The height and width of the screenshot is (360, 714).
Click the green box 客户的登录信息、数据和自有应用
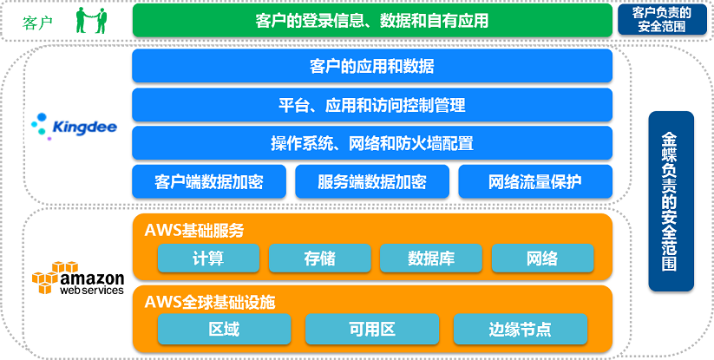372,20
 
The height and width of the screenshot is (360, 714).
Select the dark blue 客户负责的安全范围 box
662,20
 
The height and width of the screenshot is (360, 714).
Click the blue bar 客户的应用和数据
372,66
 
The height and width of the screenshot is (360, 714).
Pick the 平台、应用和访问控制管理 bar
372,105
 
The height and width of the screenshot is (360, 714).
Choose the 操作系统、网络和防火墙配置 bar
372,143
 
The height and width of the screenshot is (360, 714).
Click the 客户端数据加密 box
209,182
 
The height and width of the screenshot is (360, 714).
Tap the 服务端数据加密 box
372,182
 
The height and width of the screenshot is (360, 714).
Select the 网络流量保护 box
535,182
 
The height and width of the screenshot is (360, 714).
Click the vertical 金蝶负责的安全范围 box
671,201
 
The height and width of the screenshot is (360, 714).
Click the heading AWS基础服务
194,231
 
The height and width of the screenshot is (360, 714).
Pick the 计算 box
208,259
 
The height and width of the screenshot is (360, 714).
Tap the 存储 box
320,259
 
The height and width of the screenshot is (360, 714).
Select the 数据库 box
431,259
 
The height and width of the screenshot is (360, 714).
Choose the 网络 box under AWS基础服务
542,259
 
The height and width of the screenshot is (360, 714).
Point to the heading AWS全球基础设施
210,303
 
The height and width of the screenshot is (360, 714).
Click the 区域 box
224,330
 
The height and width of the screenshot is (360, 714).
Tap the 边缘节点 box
521,330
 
